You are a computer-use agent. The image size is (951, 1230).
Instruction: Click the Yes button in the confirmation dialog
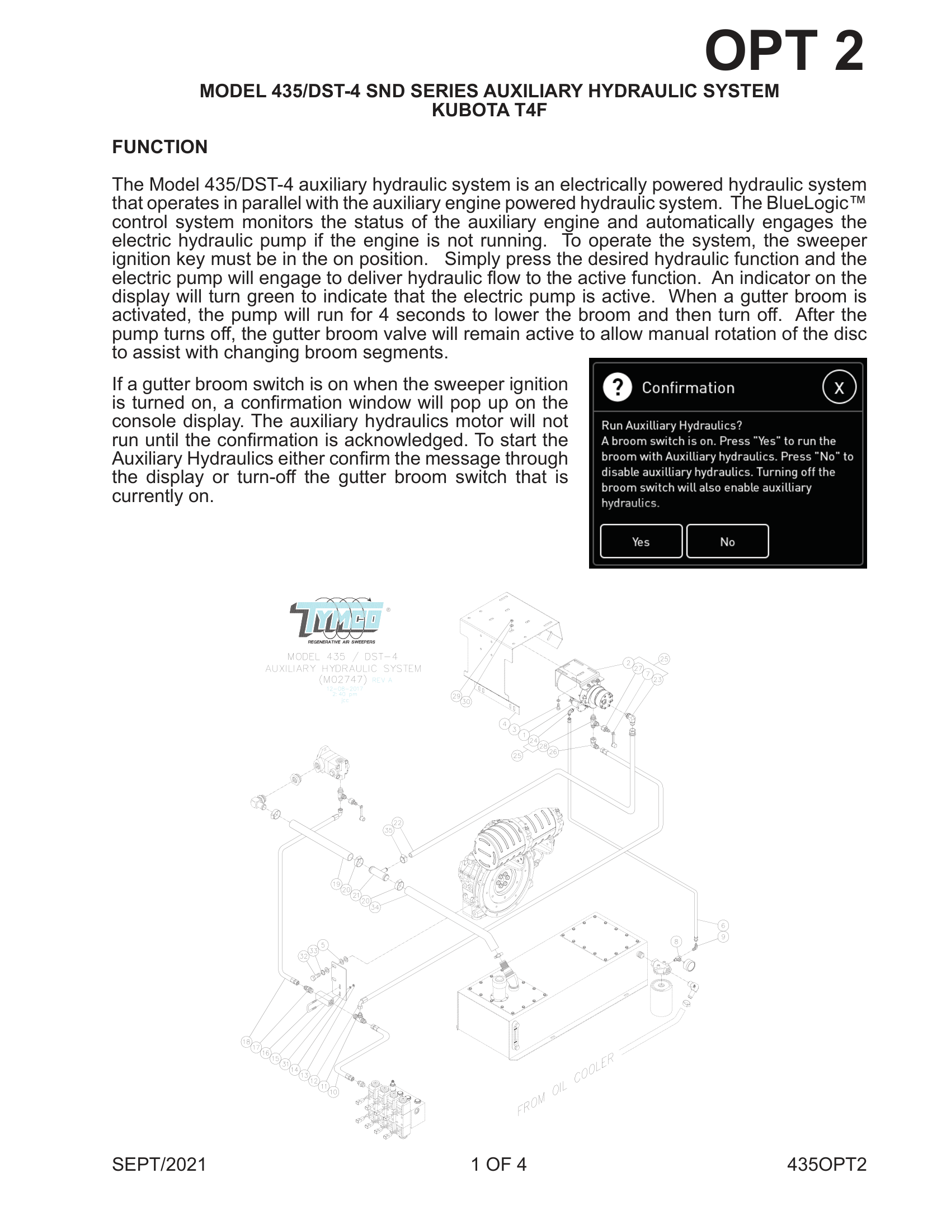tap(641, 541)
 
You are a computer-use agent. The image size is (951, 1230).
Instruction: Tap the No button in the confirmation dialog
tap(727, 541)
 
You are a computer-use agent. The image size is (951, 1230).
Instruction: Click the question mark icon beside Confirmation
tap(618, 387)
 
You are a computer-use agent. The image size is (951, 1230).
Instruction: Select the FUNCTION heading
tap(159, 147)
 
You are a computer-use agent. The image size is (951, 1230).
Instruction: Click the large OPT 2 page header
tap(784, 51)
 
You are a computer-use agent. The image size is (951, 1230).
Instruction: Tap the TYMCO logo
tap(337, 621)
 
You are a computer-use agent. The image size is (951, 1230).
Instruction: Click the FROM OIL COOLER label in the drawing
tap(565, 1084)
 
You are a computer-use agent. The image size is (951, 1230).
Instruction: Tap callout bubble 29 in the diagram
tap(456, 696)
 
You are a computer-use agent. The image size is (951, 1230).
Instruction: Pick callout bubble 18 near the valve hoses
tap(246, 1042)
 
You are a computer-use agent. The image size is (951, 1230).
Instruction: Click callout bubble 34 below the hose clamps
tap(375, 907)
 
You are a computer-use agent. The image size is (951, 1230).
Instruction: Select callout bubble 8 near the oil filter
tap(676, 942)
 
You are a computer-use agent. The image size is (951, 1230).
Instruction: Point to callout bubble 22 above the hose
tap(398, 823)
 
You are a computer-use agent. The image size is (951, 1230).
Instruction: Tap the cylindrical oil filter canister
tap(661, 997)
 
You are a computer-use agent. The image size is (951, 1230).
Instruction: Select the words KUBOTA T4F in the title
tap(488, 110)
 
